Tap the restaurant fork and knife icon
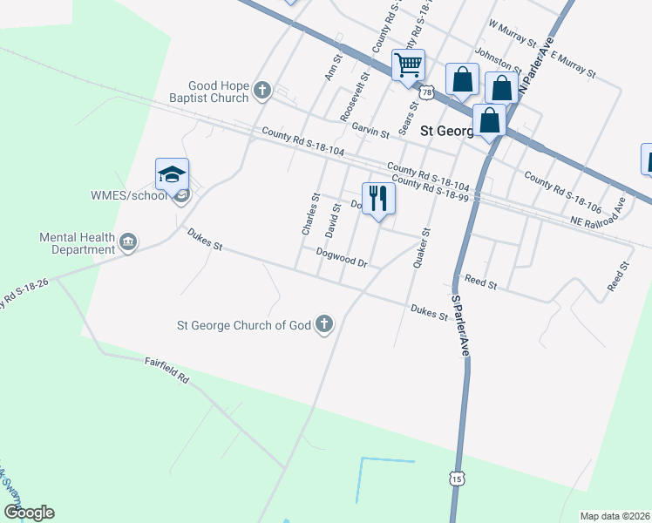pos(377,199)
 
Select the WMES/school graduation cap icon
pos(173,174)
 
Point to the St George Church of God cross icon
pos(324,325)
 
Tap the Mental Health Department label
pos(78,243)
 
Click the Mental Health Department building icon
pos(128,241)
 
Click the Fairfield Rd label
pos(166,375)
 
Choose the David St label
pos(331,221)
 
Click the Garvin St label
pos(370,131)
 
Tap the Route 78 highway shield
pos(426,92)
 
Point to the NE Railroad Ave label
pos(599,214)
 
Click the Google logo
pos(29,513)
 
